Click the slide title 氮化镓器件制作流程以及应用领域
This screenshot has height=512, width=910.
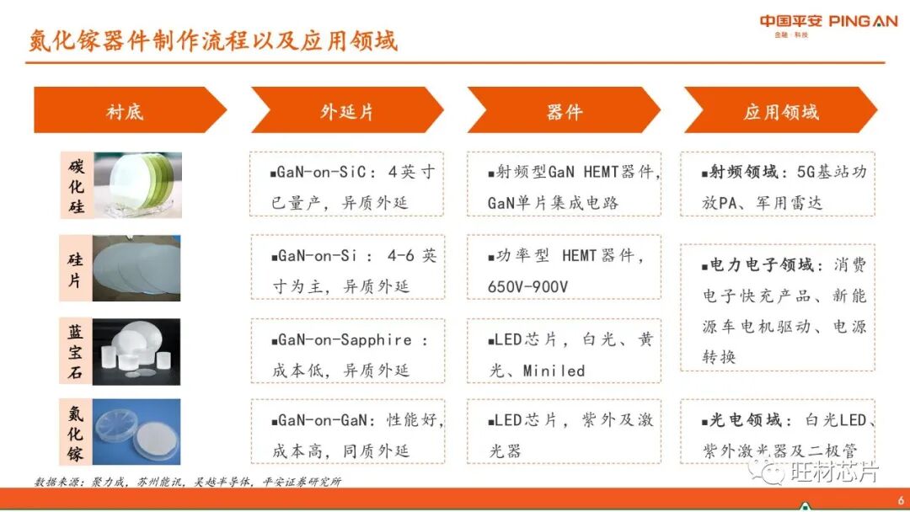[212, 40]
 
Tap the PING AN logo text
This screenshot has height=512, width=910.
[864, 22]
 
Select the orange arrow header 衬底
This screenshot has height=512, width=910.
[125, 111]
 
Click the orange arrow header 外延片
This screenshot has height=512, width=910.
[345, 111]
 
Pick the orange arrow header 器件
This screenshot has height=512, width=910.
[563, 111]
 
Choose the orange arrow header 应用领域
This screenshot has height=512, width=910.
[780, 111]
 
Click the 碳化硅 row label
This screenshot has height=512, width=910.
[77, 184]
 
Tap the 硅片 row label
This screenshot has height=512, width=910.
[76, 269]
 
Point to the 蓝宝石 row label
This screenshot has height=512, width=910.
[76, 351]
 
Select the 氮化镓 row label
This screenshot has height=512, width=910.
[76, 434]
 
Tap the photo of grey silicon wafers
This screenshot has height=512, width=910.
[136, 269]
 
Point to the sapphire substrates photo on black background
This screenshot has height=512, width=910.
[136, 351]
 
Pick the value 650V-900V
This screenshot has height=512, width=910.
[527, 287]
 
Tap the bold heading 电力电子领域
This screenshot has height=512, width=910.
[762, 265]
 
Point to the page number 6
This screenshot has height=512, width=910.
[899, 476]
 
